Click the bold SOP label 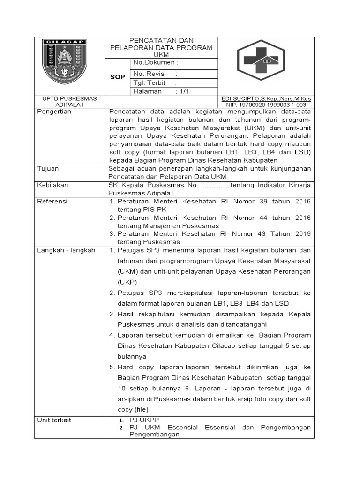pos(117,77)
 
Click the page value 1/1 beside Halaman pos(182,91)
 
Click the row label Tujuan pos(47,168)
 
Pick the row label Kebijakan pos(52,185)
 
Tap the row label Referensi pos(52,201)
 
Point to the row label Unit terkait pos(54,420)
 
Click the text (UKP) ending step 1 pos(127,282)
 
